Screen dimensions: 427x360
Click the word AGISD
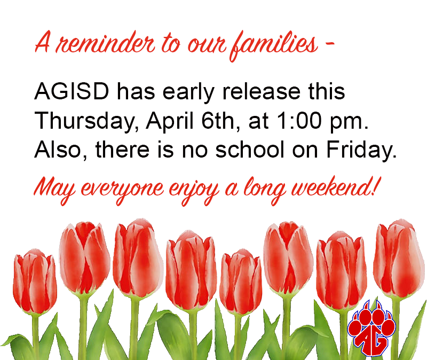click(x=72, y=91)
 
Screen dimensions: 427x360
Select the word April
click(x=170, y=121)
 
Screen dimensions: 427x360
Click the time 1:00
click(x=299, y=121)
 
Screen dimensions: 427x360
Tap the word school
click(x=250, y=150)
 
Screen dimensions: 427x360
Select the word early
click(x=188, y=92)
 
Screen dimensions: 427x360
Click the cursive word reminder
click(x=105, y=44)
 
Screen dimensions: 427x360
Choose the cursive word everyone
click(x=122, y=191)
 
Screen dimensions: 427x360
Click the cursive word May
click(x=54, y=190)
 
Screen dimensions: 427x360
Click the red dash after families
click(x=330, y=43)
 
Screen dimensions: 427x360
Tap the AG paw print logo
click(x=371, y=328)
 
